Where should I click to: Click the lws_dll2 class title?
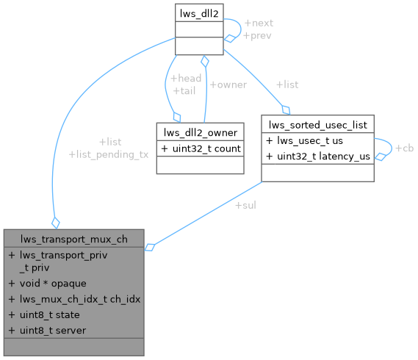[198, 12]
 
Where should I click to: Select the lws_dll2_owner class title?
[199, 132]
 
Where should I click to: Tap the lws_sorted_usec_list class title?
[318, 123]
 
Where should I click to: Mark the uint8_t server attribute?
[50, 330]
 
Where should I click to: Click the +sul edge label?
[245, 204]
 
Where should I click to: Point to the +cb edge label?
[404, 148]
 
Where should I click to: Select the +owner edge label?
[228, 84]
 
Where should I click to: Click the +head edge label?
[185, 78]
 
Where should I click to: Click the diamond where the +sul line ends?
[149, 248]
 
